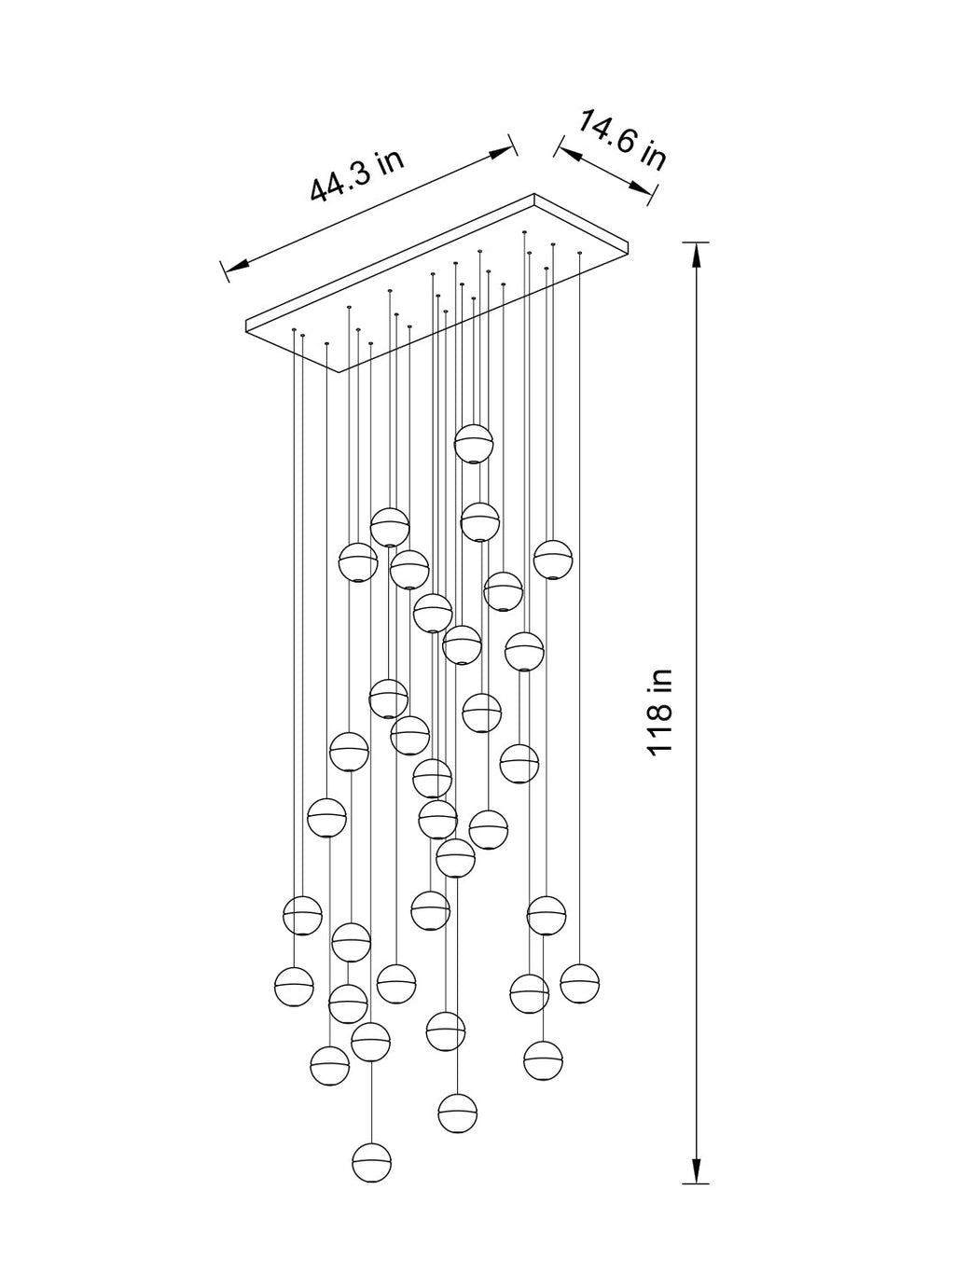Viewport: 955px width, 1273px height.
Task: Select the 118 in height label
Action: point(660,712)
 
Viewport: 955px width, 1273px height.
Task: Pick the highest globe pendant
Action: point(474,444)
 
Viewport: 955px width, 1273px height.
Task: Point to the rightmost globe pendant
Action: point(580,984)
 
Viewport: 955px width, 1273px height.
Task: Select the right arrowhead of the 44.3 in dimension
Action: point(502,153)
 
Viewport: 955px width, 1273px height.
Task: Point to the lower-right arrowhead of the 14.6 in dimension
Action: point(642,187)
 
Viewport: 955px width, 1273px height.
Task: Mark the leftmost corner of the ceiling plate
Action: point(246,321)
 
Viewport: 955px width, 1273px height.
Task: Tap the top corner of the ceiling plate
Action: point(533,194)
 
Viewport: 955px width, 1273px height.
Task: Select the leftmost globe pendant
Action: point(294,987)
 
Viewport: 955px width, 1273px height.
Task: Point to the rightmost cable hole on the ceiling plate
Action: point(579,253)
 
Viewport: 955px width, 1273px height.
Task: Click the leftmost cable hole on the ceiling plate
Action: point(295,330)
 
